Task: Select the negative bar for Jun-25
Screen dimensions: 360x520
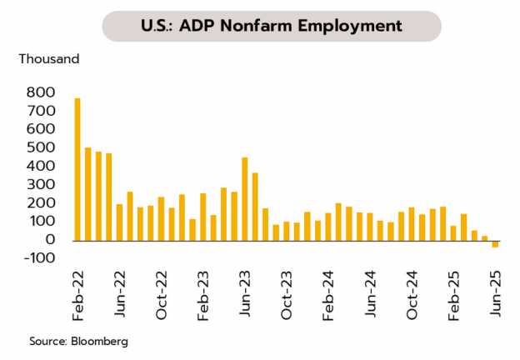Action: coord(495,243)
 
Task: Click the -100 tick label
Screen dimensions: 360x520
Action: coord(40,258)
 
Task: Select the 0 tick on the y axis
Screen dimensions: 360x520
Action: coord(51,240)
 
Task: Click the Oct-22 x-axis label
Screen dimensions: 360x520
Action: coord(162,299)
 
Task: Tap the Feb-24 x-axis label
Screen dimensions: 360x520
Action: coord(328,299)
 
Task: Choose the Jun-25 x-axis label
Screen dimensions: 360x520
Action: coord(495,299)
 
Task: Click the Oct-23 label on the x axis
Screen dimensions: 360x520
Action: coord(287,299)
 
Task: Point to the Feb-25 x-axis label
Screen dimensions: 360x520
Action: coord(453,299)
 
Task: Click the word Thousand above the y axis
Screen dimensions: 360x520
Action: coord(49,59)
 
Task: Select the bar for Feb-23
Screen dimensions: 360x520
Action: coord(203,217)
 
